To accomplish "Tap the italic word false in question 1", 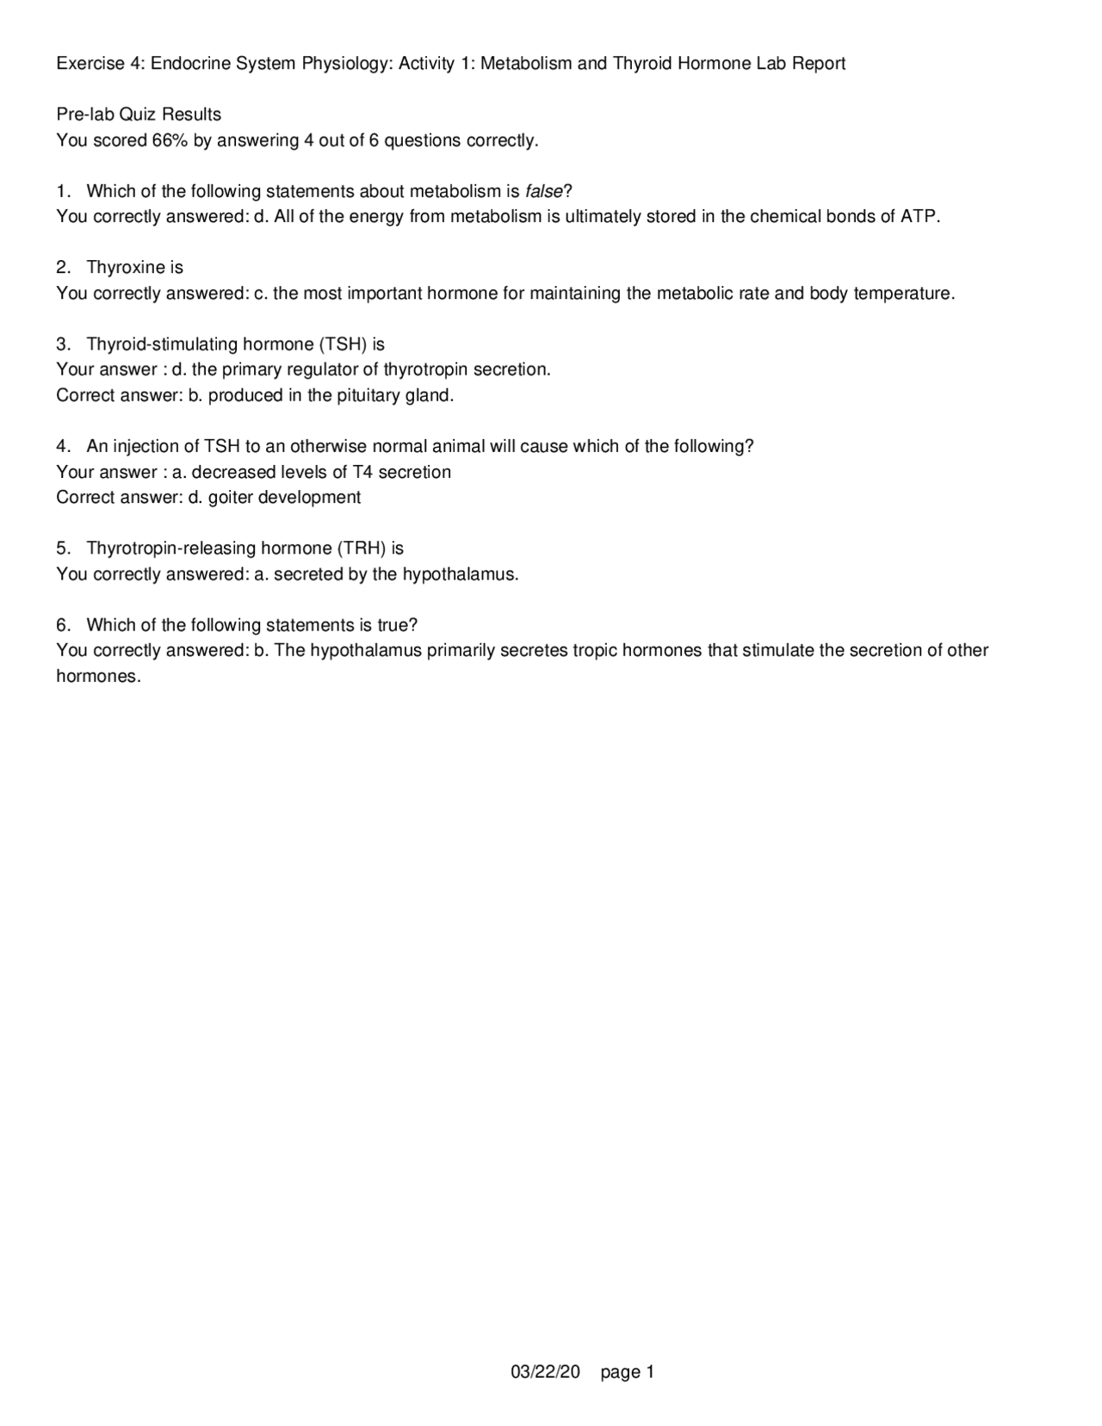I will tap(543, 191).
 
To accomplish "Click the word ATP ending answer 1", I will tap(918, 216).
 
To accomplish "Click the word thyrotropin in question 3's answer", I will tap(426, 369).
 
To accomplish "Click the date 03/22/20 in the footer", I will tap(546, 1372).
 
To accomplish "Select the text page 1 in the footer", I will tap(628, 1372).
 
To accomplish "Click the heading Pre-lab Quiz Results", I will tap(139, 115).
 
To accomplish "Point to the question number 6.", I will tap(62, 625).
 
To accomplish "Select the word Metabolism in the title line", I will tap(526, 64).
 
